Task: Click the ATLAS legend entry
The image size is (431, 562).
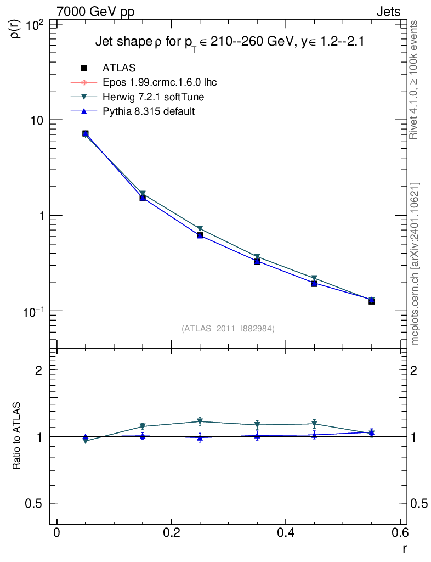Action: [x=119, y=68]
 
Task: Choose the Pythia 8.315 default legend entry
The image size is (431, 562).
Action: [x=149, y=111]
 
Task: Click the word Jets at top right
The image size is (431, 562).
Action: [x=388, y=11]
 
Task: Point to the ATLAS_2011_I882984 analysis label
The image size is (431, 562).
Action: [x=228, y=328]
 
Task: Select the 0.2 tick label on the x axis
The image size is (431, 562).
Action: [x=171, y=533]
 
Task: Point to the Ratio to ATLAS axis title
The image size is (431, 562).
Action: [x=18, y=436]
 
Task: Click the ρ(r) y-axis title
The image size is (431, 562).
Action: [x=16, y=29]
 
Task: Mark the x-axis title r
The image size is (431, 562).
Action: [x=404, y=548]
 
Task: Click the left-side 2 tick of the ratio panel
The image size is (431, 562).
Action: [x=39, y=370]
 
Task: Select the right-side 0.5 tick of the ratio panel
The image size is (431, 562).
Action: [x=419, y=503]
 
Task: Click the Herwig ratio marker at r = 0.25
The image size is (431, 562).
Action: [x=200, y=421]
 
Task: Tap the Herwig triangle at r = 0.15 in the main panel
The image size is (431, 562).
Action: [x=143, y=194]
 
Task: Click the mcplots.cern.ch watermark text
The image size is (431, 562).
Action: [x=415, y=263]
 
